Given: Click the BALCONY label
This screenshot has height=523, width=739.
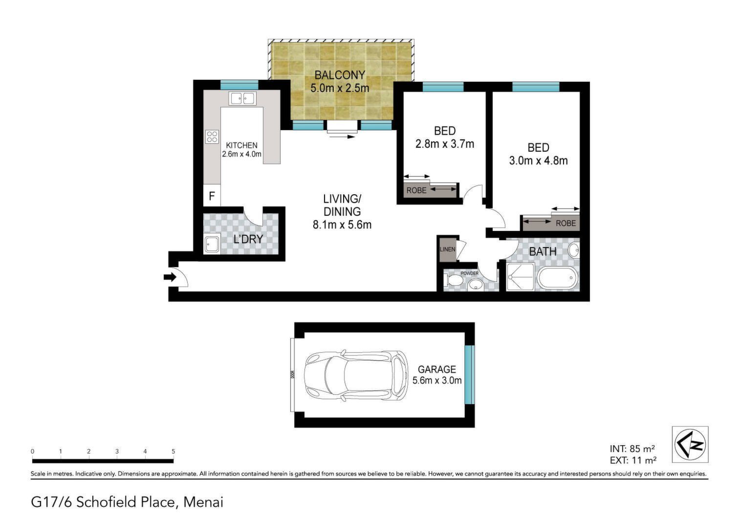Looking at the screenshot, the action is tap(340, 75).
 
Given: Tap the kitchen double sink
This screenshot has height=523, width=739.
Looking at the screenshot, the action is tap(243, 98).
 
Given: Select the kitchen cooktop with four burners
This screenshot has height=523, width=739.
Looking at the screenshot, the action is tap(212, 136).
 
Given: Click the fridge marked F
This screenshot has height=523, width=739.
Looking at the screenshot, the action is tap(212, 196).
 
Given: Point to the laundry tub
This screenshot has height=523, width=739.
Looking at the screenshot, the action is tap(212, 244).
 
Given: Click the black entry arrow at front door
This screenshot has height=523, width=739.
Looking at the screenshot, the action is tap(170, 277).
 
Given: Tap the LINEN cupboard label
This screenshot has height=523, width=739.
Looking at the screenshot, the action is tap(447, 250).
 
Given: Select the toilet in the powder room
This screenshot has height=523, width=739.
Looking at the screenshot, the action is tap(454, 281).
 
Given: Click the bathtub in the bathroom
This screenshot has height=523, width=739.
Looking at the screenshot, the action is tap(558, 278).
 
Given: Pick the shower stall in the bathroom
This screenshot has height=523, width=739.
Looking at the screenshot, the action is tap(520, 277).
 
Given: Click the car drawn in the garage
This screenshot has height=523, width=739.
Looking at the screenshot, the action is tap(356, 376).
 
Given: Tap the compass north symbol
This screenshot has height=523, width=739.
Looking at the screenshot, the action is tap(690, 444).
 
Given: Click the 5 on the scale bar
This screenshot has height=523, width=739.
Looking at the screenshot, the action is tap(173, 451).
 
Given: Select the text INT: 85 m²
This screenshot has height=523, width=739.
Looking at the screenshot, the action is tap(632, 449).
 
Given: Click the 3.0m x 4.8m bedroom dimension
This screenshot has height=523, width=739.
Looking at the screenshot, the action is tap(539, 161).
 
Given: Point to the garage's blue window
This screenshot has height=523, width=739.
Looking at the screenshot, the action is tap(470, 374).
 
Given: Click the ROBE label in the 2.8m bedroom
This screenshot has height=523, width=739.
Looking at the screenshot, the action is tap(416, 190).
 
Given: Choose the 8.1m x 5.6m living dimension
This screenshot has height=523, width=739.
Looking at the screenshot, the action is tap(342, 225).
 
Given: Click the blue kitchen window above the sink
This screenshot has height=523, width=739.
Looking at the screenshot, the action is tap(239, 85).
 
